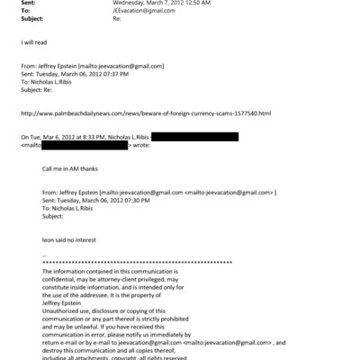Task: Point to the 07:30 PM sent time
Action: [x=133, y=201]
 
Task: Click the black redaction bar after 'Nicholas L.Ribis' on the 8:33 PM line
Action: [x=194, y=136]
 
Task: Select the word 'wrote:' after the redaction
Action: [x=141, y=145]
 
